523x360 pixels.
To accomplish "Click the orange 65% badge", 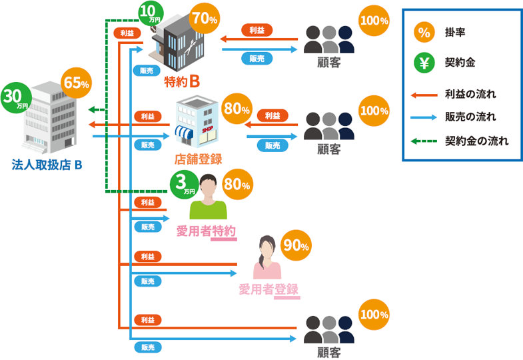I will pos(76,83).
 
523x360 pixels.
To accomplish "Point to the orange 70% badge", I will pos(204,19).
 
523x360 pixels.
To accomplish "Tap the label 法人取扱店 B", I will pos(47,164).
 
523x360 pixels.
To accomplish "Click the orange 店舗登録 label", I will pos(198,159).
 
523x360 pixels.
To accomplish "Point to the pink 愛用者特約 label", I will pos(207,231).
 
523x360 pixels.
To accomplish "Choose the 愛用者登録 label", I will pos(268,289).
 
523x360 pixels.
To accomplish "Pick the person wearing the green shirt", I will pos(209,197).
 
